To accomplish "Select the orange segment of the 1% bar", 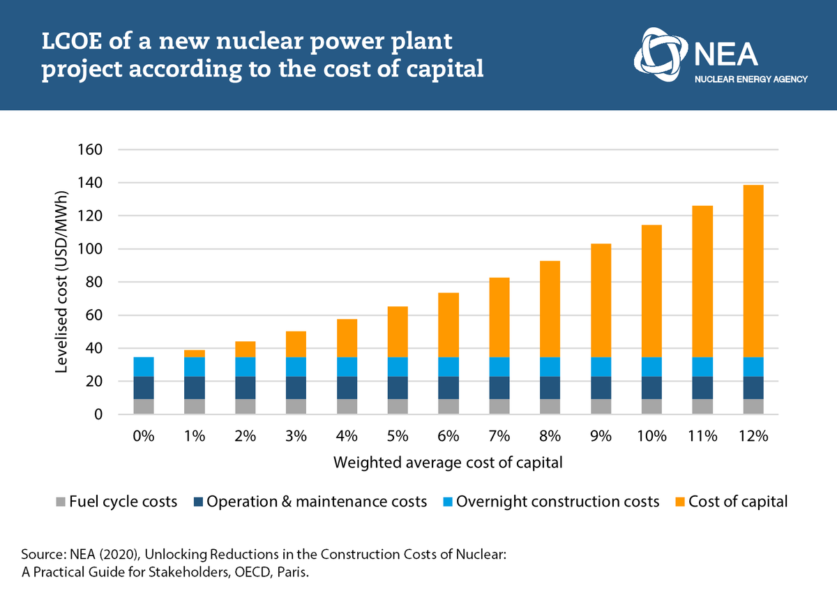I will click(x=195, y=353).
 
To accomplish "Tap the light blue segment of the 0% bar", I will click(x=144, y=367).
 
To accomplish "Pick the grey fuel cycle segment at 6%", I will click(x=448, y=406).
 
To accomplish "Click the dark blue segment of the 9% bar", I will click(x=601, y=387).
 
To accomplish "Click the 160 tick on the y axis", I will click(x=93, y=150).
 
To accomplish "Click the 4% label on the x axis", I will click(x=347, y=437).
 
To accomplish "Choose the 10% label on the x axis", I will click(x=651, y=437).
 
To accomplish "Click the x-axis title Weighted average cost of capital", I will click(x=447, y=463).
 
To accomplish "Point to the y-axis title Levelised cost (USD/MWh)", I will click(x=61, y=282).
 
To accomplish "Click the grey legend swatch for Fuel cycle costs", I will click(x=61, y=502).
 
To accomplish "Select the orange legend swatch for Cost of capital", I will click(x=678, y=502).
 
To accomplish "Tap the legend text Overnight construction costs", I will click(x=557, y=502).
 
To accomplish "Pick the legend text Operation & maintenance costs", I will click(x=317, y=502).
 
